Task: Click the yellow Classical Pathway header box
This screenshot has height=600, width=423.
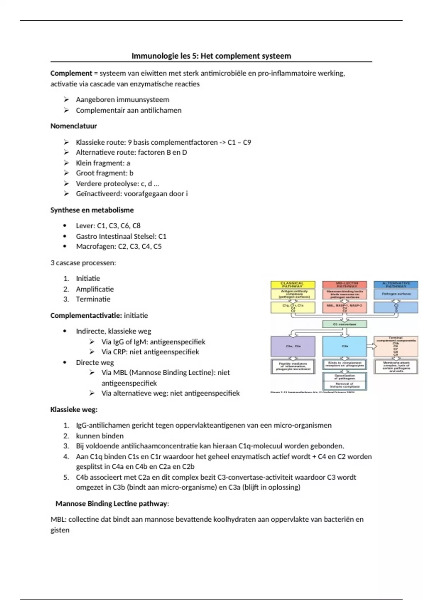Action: [292, 284]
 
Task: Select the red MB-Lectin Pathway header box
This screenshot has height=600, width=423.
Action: [344, 284]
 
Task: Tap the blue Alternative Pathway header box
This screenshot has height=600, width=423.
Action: [396, 284]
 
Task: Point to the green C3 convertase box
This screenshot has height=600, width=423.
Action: [344, 324]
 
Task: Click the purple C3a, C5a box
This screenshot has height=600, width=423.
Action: [293, 346]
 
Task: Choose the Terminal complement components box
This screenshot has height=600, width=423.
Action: [396, 346]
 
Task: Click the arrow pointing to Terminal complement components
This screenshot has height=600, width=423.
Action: [370, 346]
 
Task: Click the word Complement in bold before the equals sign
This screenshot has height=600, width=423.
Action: [71, 73]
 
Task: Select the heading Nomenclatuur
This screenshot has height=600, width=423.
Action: [73, 126]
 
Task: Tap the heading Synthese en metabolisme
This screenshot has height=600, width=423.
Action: [92, 210]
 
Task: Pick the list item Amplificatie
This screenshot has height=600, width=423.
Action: [95, 289]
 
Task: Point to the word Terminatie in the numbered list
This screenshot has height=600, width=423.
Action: [93, 299]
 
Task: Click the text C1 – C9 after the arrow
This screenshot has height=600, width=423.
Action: [239, 142]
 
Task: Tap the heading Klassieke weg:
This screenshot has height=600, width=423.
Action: [74, 410]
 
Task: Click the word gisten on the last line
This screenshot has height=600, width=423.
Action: [60, 530]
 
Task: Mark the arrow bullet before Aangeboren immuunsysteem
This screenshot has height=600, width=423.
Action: [66, 100]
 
